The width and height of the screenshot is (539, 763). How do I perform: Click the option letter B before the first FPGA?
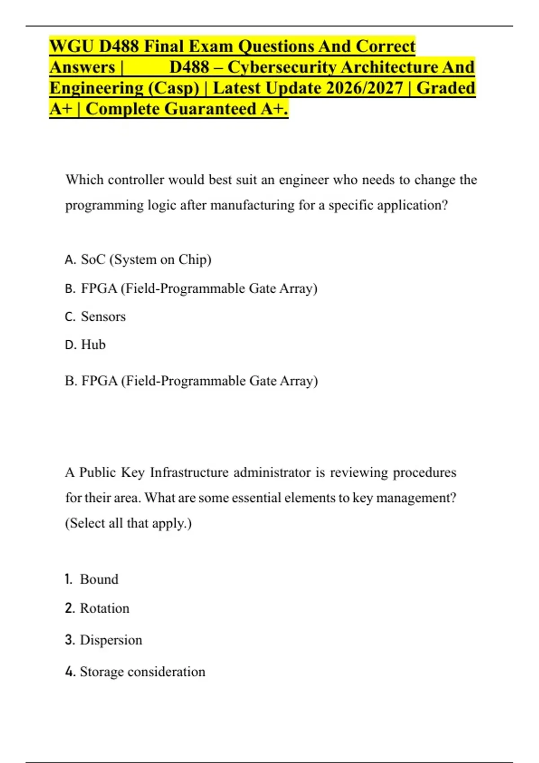tap(70, 289)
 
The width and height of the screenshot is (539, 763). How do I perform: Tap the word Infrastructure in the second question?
tap(189, 473)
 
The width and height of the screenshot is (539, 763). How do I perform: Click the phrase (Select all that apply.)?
tap(128, 523)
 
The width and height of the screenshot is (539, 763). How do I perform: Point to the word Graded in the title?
tap(446, 88)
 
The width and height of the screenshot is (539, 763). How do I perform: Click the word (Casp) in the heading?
tap(173, 88)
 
